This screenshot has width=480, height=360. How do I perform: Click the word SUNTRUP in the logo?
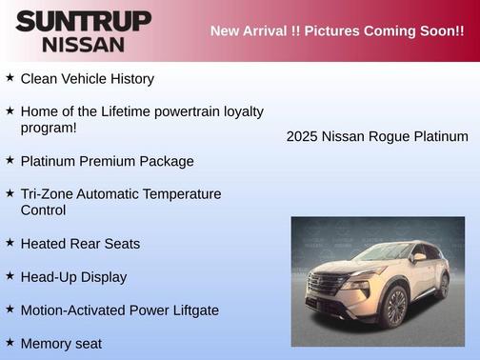(x=83, y=21)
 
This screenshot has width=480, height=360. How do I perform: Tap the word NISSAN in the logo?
(x=83, y=44)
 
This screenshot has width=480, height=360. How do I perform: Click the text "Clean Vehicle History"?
(x=87, y=78)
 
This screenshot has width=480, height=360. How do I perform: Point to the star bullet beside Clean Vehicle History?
(x=10, y=77)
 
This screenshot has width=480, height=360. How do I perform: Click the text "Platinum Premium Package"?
(x=107, y=161)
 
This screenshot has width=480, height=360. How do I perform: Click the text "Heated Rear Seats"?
(x=80, y=244)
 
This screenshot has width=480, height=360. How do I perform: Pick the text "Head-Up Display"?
(x=73, y=277)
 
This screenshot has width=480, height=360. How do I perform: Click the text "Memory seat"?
(x=61, y=343)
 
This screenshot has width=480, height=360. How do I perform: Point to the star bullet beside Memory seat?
(x=10, y=341)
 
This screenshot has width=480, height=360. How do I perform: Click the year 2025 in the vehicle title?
(x=302, y=136)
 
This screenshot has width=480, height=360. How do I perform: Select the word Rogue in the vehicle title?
(x=389, y=136)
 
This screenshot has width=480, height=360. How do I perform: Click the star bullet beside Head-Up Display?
(x=10, y=276)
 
